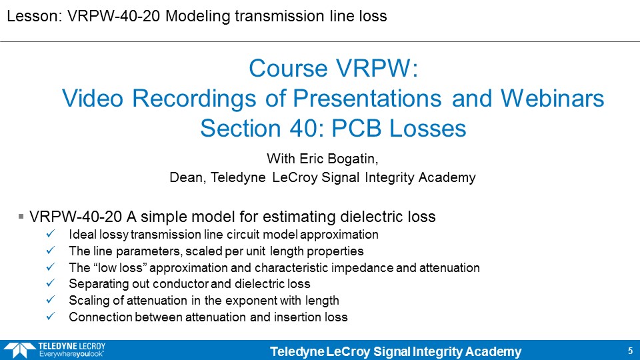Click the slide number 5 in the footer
[630, 351]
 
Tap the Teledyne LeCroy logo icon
[19, 350]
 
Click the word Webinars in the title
[552, 99]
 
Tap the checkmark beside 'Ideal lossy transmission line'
[51, 234]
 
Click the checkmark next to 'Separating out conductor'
[51, 283]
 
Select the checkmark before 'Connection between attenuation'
[51, 316]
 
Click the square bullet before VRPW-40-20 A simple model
[21, 216]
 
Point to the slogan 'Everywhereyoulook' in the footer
[71, 354]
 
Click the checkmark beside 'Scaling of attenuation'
[51, 299]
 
